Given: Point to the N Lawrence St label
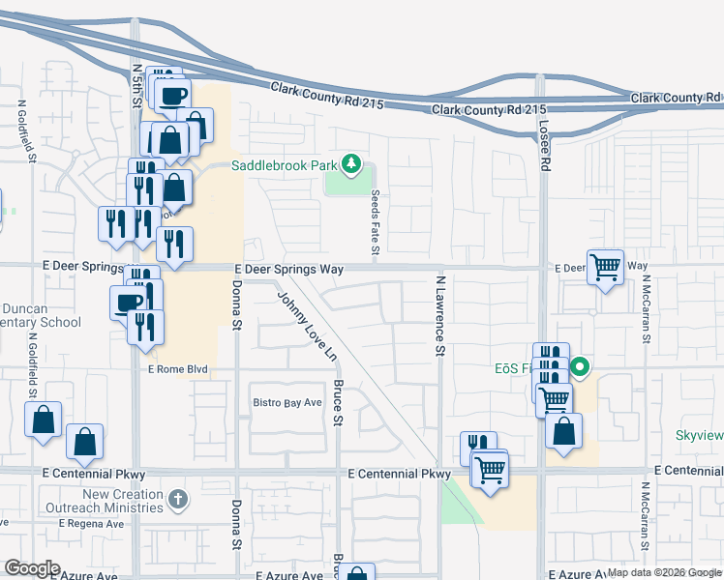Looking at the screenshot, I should pos(439,314).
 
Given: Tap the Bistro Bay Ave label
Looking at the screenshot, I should pos(287,402).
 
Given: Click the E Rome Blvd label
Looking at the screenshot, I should pos(178,369).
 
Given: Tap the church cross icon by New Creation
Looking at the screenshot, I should pos(176,499).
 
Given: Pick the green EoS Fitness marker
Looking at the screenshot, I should pos(581,367).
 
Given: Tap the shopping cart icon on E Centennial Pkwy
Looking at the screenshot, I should pos(490,471).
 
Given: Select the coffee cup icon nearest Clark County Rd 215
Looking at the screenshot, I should pos(173,95).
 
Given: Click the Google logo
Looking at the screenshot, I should pos(32,568).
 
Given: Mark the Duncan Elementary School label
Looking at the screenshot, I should pos(39,316).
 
